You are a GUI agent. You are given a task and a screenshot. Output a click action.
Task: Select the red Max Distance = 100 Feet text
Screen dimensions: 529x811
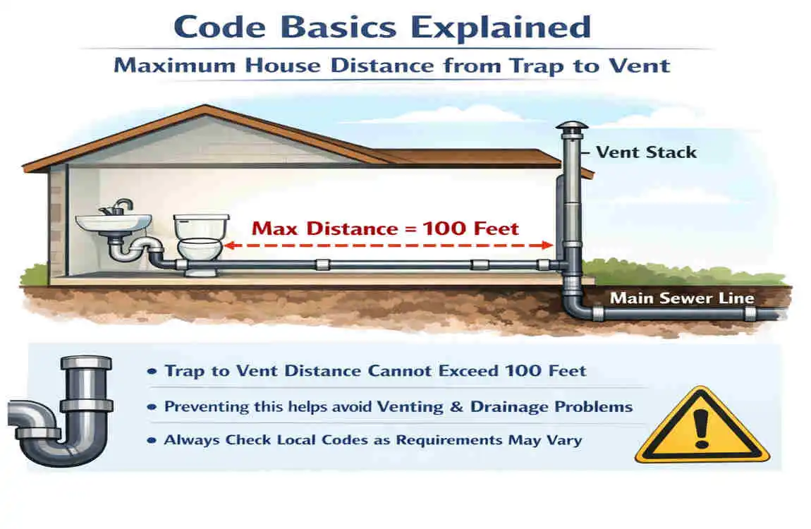pyautogui.click(x=385, y=229)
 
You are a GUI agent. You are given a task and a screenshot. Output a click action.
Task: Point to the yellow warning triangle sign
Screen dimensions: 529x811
pyautogui.click(x=701, y=427)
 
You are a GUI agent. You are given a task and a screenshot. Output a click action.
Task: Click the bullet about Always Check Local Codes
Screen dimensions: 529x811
pyautogui.click(x=372, y=440)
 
